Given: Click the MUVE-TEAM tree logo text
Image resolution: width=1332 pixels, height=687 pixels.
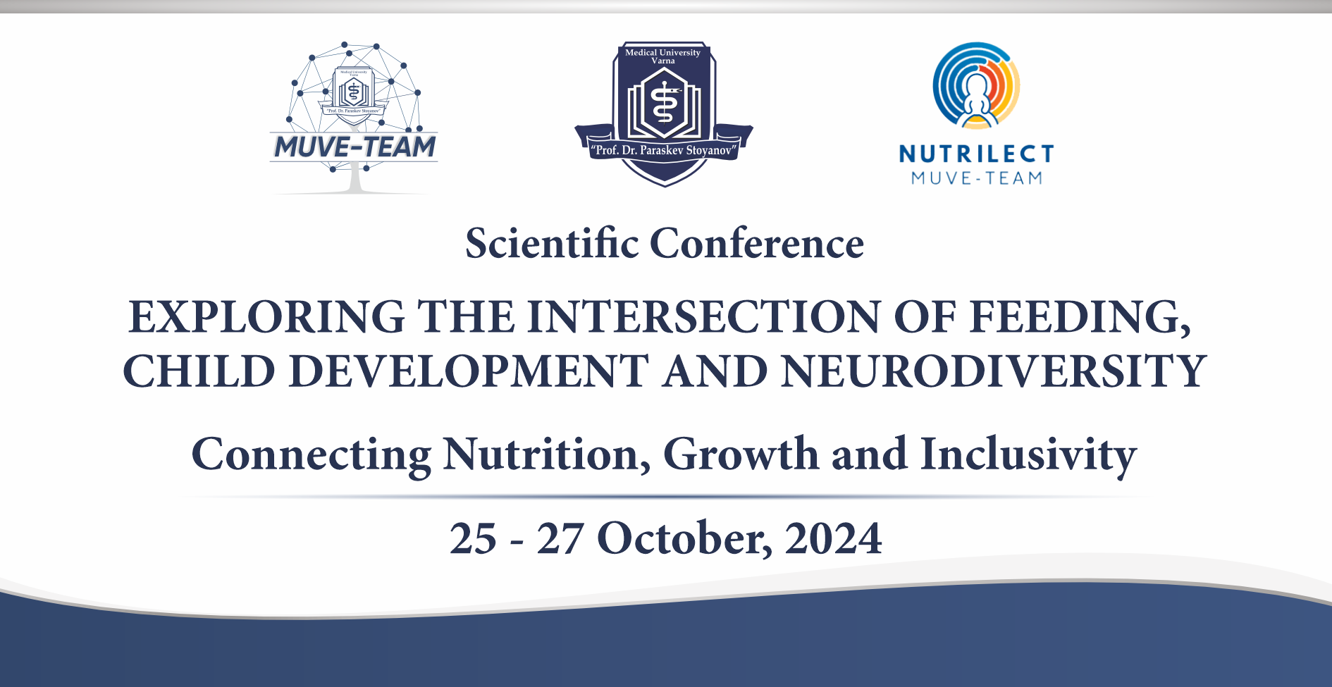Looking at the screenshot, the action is pyautogui.click(x=354, y=147).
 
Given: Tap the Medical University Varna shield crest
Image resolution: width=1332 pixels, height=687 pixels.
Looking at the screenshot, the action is pyautogui.click(x=664, y=113).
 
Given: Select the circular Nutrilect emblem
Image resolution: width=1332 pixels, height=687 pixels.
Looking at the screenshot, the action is pyautogui.click(x=976, y=85).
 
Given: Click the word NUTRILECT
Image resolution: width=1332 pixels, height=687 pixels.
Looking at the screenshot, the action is pyautogui.click(x=977, y=154).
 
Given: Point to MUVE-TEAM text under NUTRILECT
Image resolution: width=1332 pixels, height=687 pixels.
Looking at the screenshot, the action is pyautogui.click(x=977, y=178).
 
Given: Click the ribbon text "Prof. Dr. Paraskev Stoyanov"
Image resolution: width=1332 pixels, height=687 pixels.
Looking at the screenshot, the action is pyautogui.click(x=664, y=150).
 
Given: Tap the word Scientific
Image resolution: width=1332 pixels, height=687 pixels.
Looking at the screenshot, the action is pyautogui.click(x=552, y=244).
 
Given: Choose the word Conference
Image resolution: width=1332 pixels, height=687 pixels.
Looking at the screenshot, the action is pyautogui.click(x=757, y=244).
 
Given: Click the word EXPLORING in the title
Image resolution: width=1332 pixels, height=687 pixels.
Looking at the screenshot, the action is pyautogui.click(x=266, y=316).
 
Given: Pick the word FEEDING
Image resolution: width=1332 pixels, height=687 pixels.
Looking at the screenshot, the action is pyautogui.click(x=1080, y=318).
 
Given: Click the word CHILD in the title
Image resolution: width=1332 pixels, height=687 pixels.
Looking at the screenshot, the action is pyautogui.click(x=199, y=371).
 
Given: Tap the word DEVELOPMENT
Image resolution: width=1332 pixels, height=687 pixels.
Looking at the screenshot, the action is pyautogui.click(x=469, y=371).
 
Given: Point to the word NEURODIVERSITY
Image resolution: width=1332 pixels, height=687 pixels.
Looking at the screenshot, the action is pyautogui.click(x=994, y=371).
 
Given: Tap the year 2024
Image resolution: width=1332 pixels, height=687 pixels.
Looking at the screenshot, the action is pyautogui.click(x=833, y=539).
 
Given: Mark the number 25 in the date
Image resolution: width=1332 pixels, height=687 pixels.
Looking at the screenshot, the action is pyautogui.click(x=474, y=539).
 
